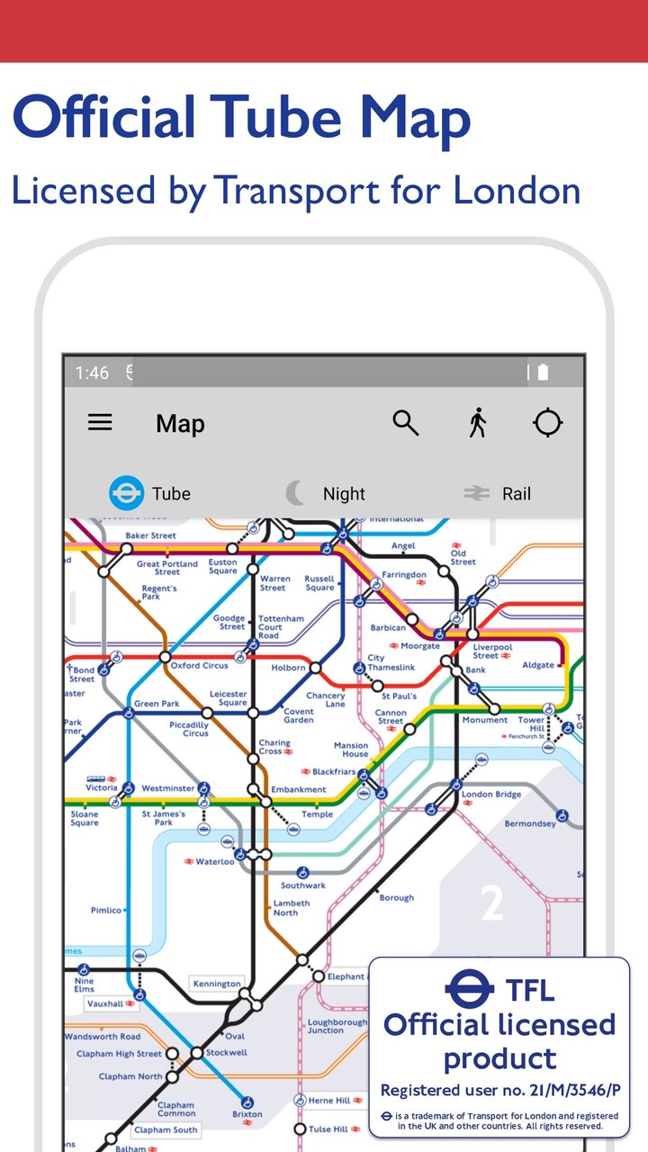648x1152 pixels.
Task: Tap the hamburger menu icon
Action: (x=100, y=422)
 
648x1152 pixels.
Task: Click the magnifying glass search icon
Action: (x=406, y=422)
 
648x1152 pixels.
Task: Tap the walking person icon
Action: (x=478, y=422)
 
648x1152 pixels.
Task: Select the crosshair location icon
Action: (x=548, y=422)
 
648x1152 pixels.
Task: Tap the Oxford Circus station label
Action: (x=200, y=666)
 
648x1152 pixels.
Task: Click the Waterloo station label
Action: (x=215, y=861)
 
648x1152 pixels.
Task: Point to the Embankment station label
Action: (x=299, y=790)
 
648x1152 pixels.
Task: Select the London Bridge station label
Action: (x=491, y=795)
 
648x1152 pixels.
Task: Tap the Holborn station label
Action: (x=287, y=668)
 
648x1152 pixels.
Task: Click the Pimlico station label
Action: (x=106, y=911)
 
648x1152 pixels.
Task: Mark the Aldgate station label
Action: (x=539, y=666)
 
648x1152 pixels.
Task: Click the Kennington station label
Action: (x=217, y=984)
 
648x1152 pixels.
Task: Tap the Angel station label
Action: (x=403, y=546)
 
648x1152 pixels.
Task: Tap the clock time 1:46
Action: (x=92, y=373)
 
